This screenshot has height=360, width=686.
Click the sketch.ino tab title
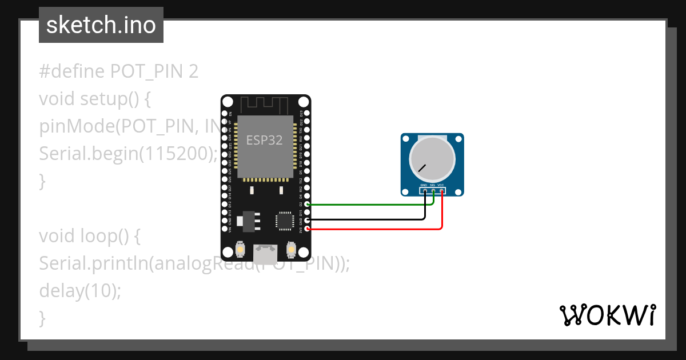pos(101,25)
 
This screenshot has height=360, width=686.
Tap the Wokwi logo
pos(607,315)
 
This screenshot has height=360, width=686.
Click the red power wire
pos(372,229)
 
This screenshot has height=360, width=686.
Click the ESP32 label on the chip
pos(264,140)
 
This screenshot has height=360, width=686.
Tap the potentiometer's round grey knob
pos(432,159)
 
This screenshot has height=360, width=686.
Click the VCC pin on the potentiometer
pos(442,191)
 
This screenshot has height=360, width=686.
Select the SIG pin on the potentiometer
pos(433,191)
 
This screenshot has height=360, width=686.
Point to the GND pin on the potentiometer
pos(424,191)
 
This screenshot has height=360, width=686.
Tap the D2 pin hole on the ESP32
pos(308,204)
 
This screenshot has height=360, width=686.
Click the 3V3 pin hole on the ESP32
pos(308,229)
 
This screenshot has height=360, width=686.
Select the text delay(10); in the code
pos(80,290)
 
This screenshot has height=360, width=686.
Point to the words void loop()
pos(86,235)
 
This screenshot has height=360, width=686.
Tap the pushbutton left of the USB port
pos(240,250)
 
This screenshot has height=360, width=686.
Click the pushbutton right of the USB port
pos(291,250)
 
